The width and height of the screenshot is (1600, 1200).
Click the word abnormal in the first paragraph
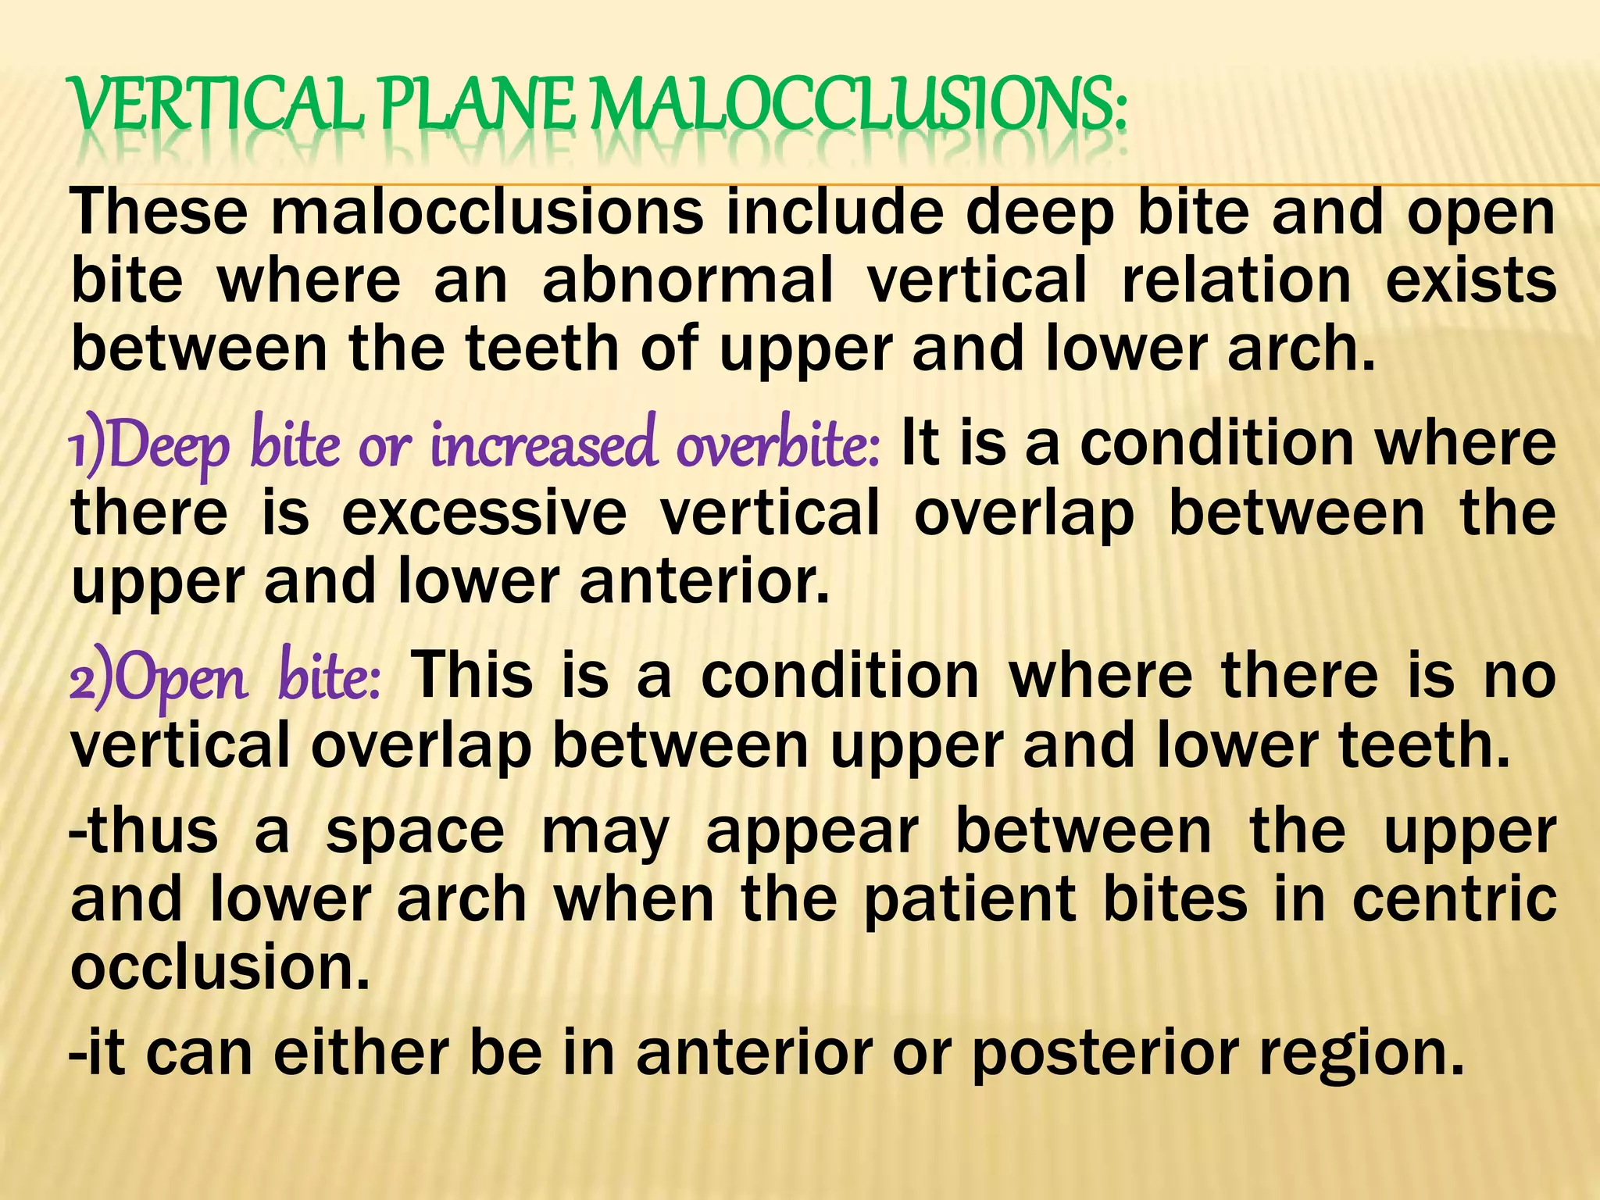(687, 281)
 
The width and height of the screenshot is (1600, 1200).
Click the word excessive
(484, 513)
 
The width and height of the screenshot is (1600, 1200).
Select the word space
(415, 833)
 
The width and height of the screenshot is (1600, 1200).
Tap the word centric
(1454, 899)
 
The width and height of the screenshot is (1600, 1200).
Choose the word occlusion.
(219, 968)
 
